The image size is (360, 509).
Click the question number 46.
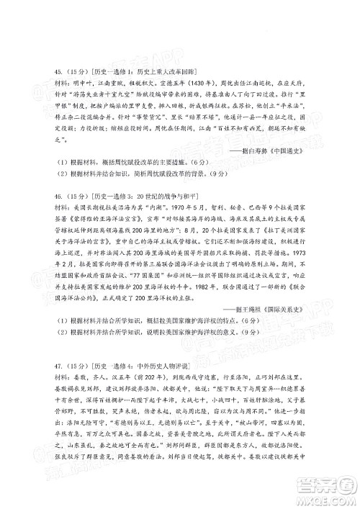[x=41, y=215]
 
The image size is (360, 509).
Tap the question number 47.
[x=41, y=358]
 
